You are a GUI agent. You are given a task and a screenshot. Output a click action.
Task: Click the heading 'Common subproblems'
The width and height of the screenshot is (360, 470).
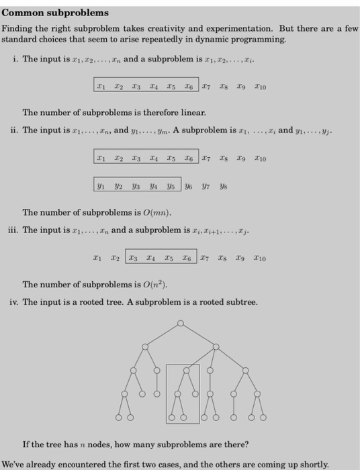pyautogui.click(x=54, y=13)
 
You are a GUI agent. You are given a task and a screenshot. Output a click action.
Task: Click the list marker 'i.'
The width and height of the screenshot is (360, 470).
pyautogui.click(x=15, y=59)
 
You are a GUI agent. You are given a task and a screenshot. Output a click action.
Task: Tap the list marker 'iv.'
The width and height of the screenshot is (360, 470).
pyautogui.click(x=13, y=302)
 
